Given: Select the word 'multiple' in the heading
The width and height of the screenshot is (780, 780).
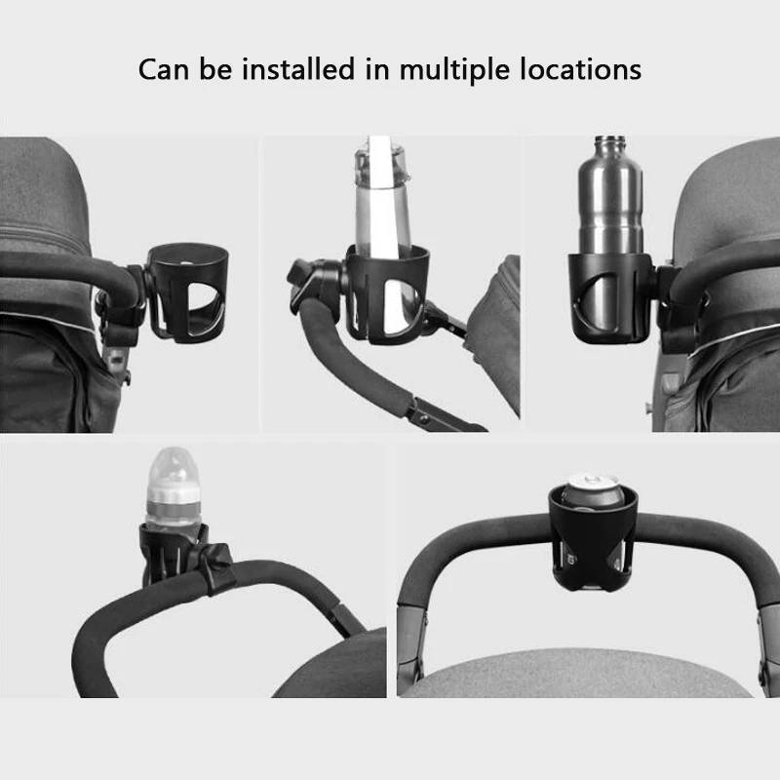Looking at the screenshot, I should [x=456, y=70].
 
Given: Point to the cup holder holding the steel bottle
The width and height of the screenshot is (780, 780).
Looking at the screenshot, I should [x=609, y=297].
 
